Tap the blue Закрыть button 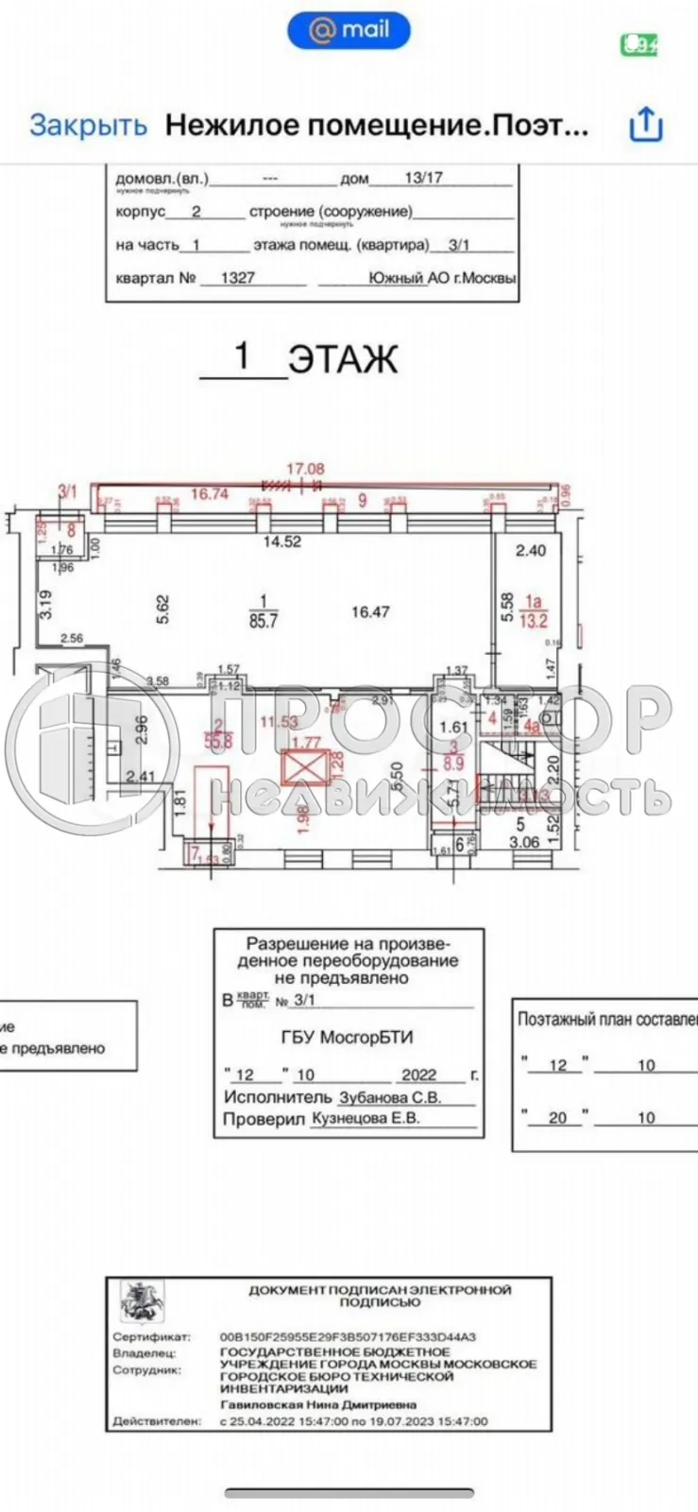tap(88, 126)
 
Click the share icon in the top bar tap(646, 125)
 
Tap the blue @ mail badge tap(349, 30)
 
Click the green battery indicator tap(638, 44)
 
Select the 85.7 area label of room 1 tap(264, 621)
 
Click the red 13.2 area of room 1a tap(536, 621)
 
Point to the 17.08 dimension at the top tap(305, 469)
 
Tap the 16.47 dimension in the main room tap(370, 612)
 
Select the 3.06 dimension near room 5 tap(524, 842)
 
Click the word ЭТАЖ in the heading tap(342, 360)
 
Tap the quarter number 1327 tap(237, 279)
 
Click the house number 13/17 tap(423, 177)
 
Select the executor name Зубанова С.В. tap(391, 1097)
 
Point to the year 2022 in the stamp tap(418, 1074)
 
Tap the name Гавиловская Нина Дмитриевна tap(306, 1405)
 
